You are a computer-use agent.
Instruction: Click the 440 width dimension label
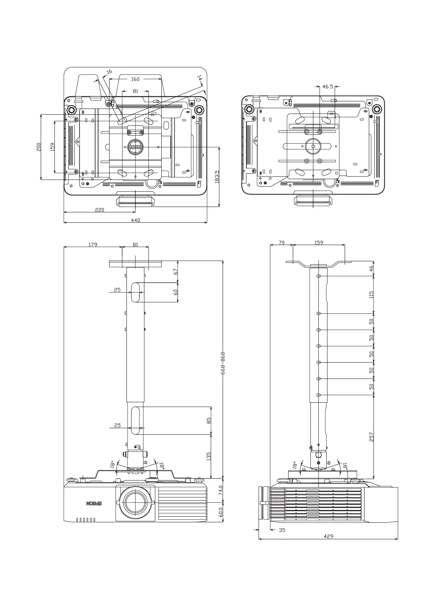point(135,220)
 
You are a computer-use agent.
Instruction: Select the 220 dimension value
point(99,209)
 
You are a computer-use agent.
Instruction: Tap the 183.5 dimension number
point(217,177)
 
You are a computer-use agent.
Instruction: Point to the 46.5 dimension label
point(327,87)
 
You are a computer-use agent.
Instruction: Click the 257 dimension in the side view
point(371,437)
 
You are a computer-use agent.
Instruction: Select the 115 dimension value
point(371,294)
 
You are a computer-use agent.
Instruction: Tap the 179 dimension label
point(93,244)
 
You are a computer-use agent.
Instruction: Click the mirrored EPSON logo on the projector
point(94,503)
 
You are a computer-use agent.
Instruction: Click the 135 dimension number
point(209,456)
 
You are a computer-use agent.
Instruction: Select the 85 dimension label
point(209,420)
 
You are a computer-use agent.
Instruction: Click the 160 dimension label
point(135,79)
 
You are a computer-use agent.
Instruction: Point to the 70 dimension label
point(282,243)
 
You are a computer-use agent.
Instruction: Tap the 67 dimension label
point(176,271)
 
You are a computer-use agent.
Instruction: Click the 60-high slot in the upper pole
point(135,292)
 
